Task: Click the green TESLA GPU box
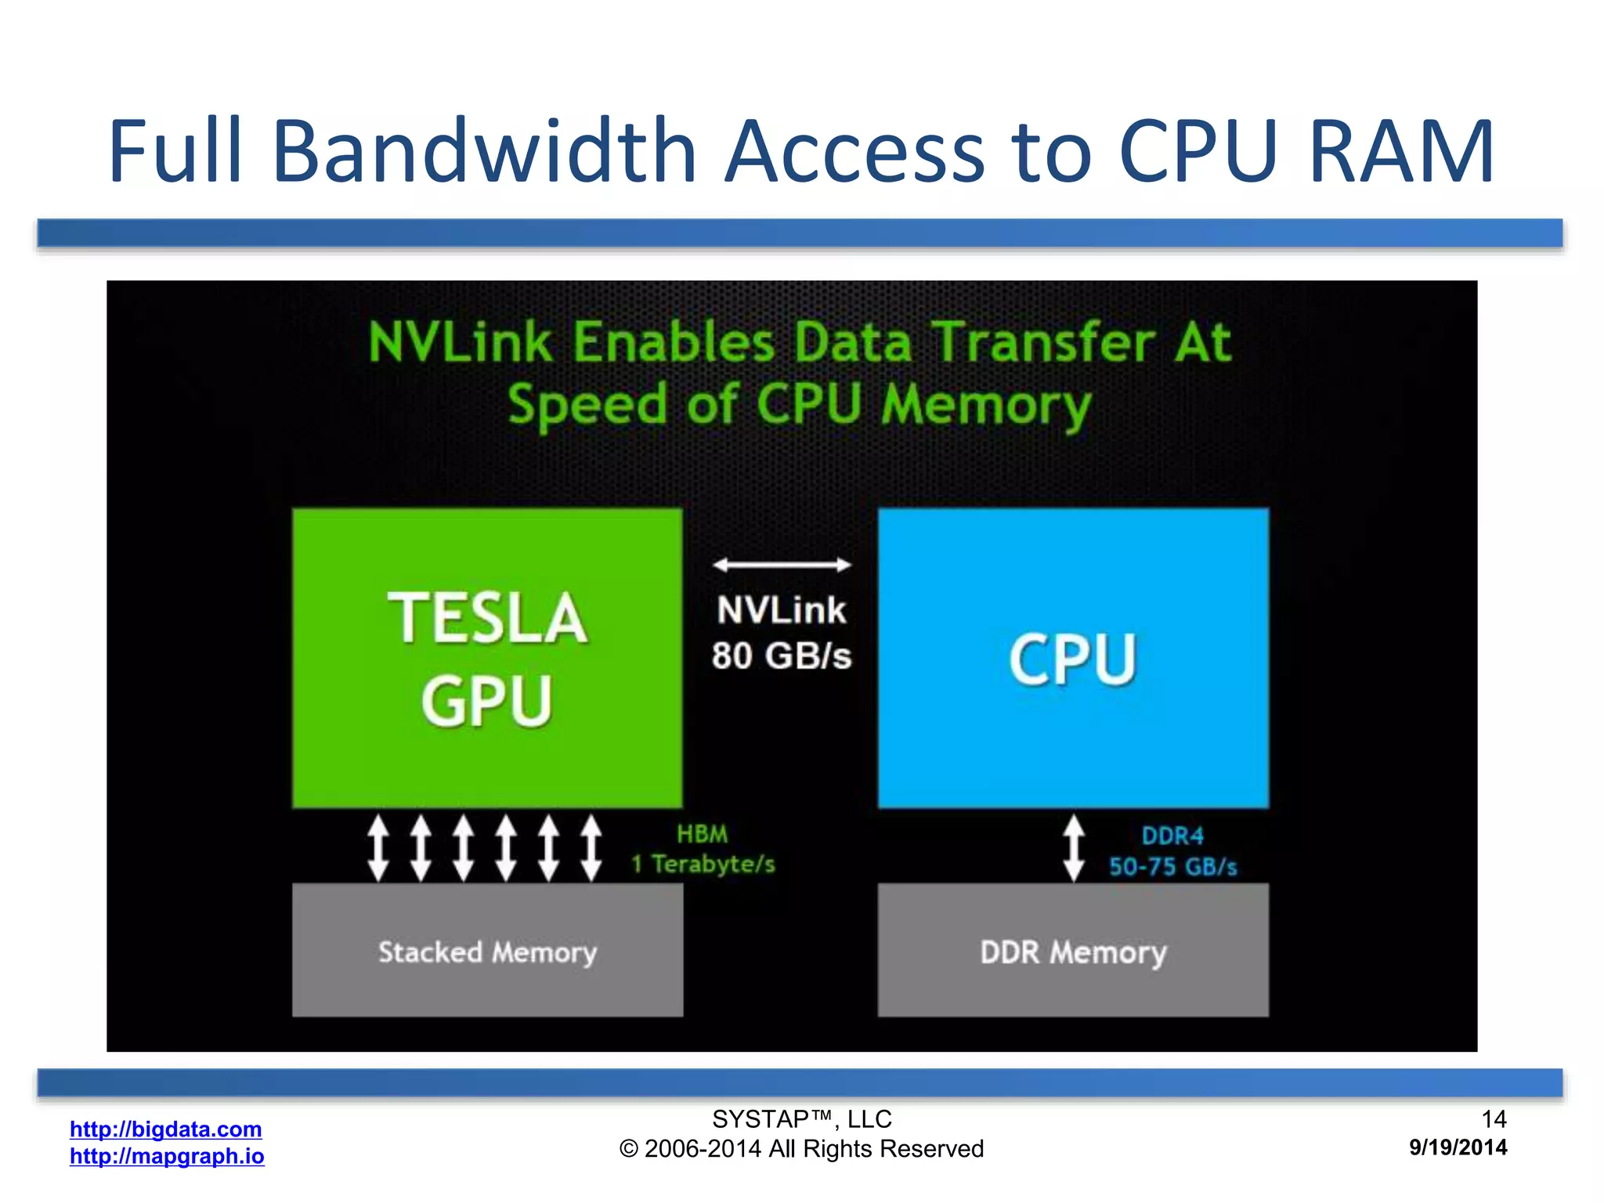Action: click(x=487, y=658)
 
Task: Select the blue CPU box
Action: click(x=1073, y=658)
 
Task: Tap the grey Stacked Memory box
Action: click(x=487, y=951)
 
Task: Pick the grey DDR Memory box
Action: click(x=1073, y=951)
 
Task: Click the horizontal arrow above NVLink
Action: click(x=782, y=565)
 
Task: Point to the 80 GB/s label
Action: click(x=782, y=656)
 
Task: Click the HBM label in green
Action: click(x=703, y=834)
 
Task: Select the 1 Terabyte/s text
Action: click(x=703, y=864)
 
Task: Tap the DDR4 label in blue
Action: click(x=1172, y=836)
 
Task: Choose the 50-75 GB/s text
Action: click(x=1173, y=866)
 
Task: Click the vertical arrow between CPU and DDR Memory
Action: click(x=1074, y=848)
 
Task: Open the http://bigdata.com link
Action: click(x=166, y=1129)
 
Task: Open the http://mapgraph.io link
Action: click(x=167, y=1156)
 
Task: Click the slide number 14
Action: click(x=1494, y=1118)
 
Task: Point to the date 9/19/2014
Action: click(x=1458, y=1147)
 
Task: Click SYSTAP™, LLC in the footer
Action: click(x=802, y=1119)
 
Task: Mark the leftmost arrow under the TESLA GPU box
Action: click(x=378, y=848)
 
